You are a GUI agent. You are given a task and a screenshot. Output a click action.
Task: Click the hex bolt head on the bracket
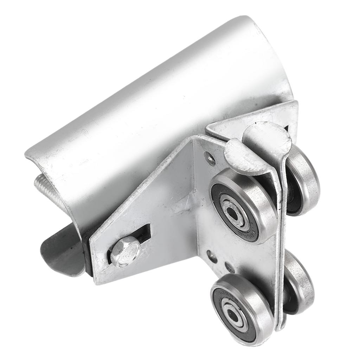125,251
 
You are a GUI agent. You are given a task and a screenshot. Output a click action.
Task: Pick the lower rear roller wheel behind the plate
299,281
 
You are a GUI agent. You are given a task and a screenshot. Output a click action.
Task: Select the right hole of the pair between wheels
230,267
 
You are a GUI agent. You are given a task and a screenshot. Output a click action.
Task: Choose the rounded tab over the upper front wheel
243,156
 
